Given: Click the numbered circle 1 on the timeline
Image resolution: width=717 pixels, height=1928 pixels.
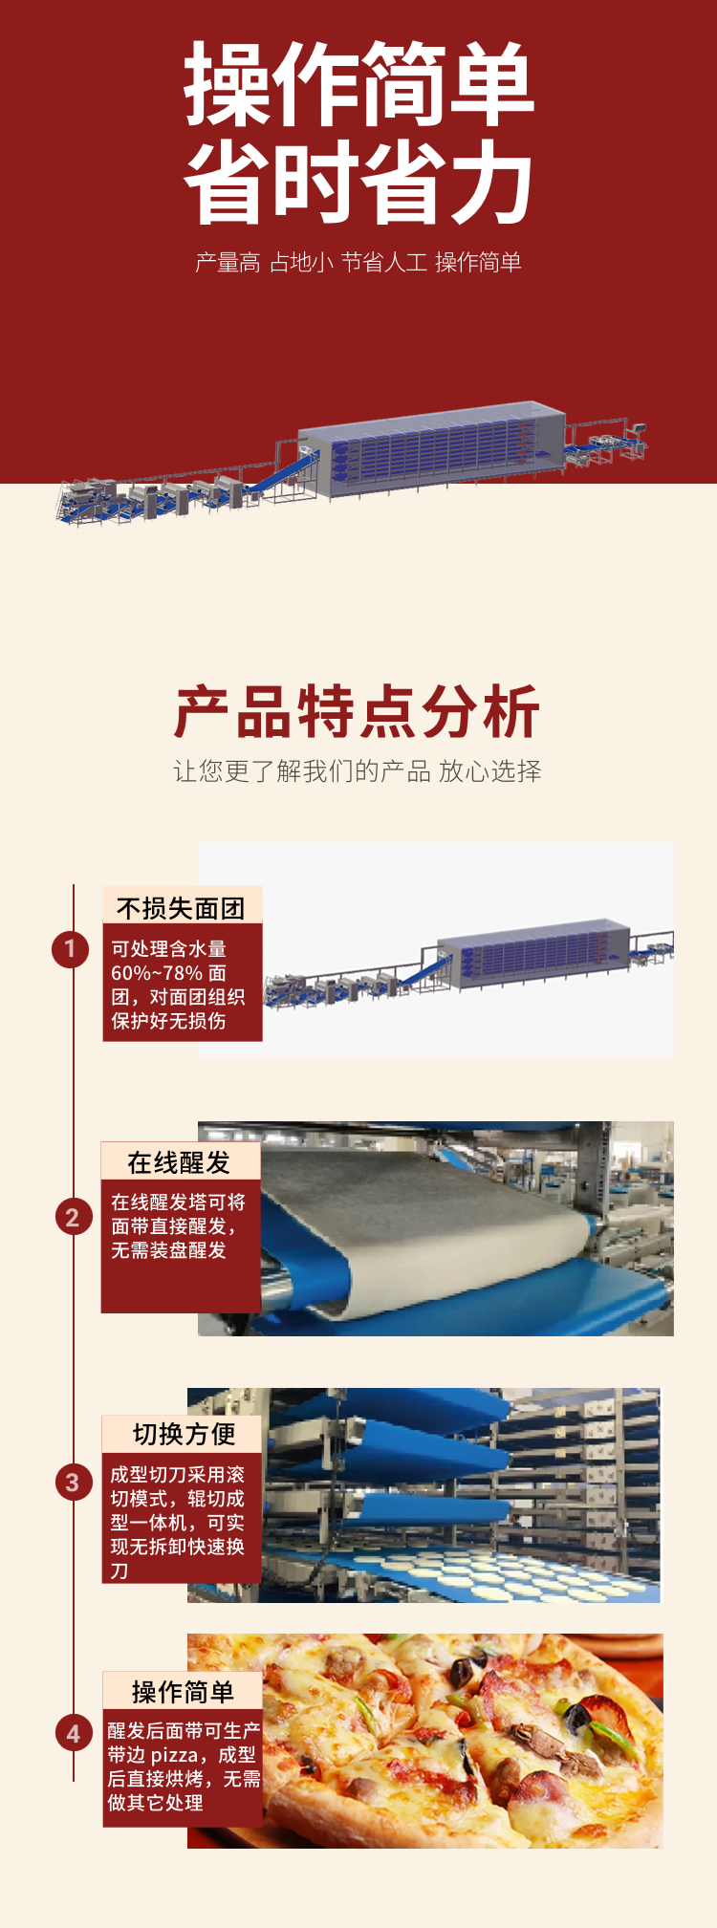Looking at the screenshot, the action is coord(70,949).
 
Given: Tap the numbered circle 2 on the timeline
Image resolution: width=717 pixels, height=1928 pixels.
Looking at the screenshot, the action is coord(72,1218).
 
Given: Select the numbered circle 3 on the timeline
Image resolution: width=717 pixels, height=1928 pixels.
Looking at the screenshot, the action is coord(72,1483).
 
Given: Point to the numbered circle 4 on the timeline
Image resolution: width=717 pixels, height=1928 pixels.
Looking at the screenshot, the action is coord(73,1733).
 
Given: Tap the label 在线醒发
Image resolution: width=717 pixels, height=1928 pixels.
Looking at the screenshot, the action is coord(180,1162).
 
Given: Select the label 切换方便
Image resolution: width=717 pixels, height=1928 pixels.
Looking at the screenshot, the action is coord(184,1434).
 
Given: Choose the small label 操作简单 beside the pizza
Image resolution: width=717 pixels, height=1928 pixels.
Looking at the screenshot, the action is coord(183,1692).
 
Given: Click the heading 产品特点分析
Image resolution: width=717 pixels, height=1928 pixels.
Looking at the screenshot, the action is coord(358,712).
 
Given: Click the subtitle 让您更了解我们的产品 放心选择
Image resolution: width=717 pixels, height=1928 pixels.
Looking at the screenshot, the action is coord(358,771).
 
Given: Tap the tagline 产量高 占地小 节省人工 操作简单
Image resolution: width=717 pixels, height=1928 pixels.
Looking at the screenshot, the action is coord(358,262).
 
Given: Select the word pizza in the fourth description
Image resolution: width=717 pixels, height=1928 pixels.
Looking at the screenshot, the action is coord(175,1755).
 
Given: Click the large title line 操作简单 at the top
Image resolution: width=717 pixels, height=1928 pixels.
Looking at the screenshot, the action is coord(358,83).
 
